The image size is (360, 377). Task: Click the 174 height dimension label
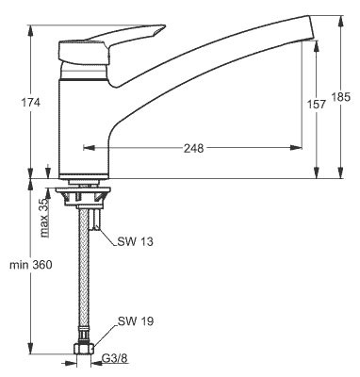[30, 103]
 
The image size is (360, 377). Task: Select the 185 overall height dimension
[340, 97]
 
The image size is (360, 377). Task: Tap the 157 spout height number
[317, 105]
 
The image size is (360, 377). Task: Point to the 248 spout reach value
[193, 148]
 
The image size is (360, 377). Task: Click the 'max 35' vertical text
[45, 218]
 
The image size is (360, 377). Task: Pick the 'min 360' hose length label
[30, 265]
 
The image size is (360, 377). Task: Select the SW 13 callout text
[135, 241]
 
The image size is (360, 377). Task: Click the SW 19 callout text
[136, 321]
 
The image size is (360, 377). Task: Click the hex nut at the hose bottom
[84, 349]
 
